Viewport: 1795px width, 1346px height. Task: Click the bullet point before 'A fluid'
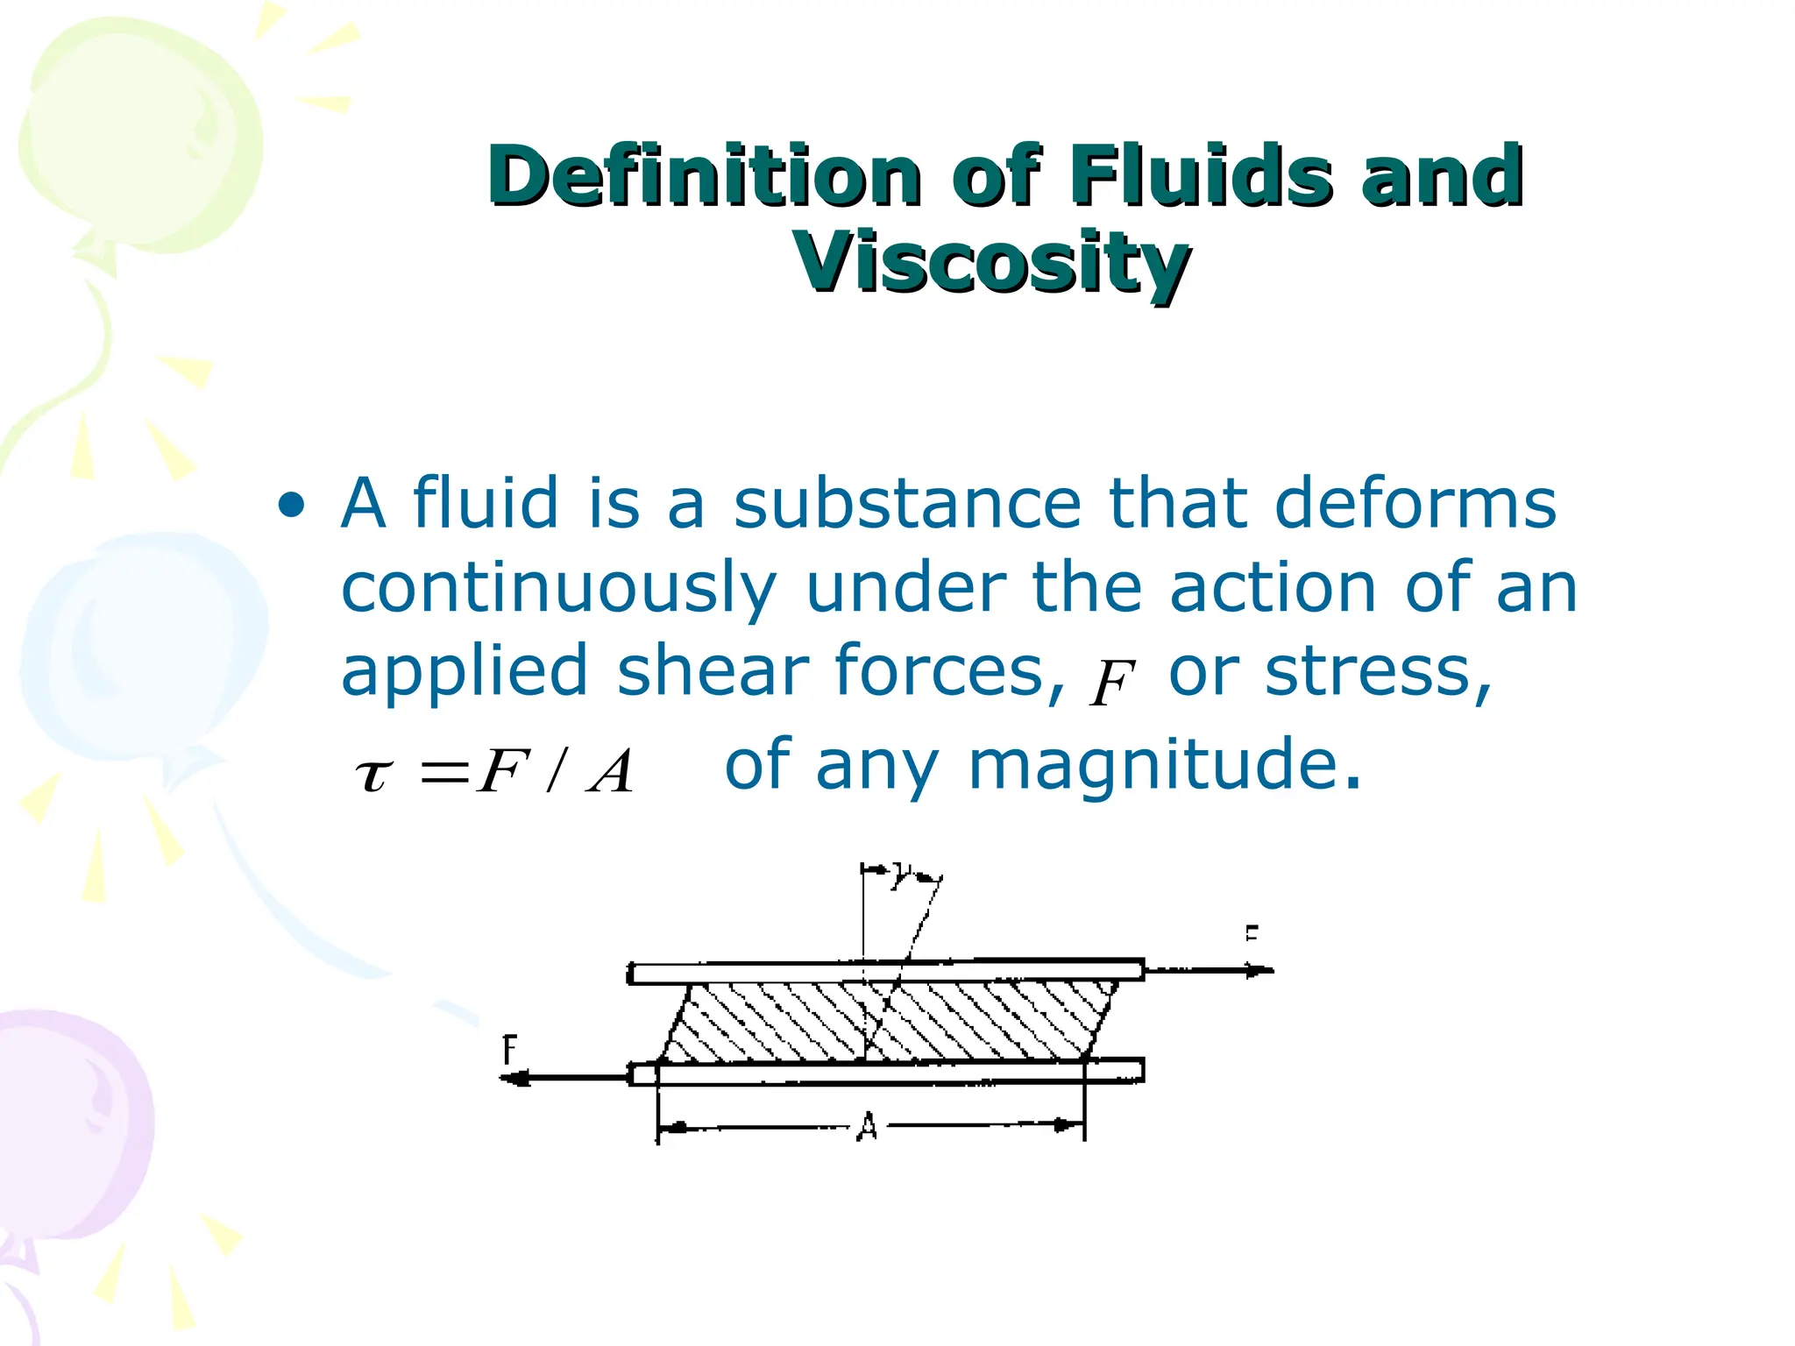[x=291, y=506]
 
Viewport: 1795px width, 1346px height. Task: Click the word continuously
[x=558, y=589]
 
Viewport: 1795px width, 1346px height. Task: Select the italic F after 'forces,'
[x=1111, y=684]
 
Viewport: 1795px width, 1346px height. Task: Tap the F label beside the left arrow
[x=509, y=1049]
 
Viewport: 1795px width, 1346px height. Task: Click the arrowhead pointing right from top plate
[x=1261, y=970]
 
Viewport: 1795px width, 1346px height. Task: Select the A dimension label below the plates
[x=867, y=1126]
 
